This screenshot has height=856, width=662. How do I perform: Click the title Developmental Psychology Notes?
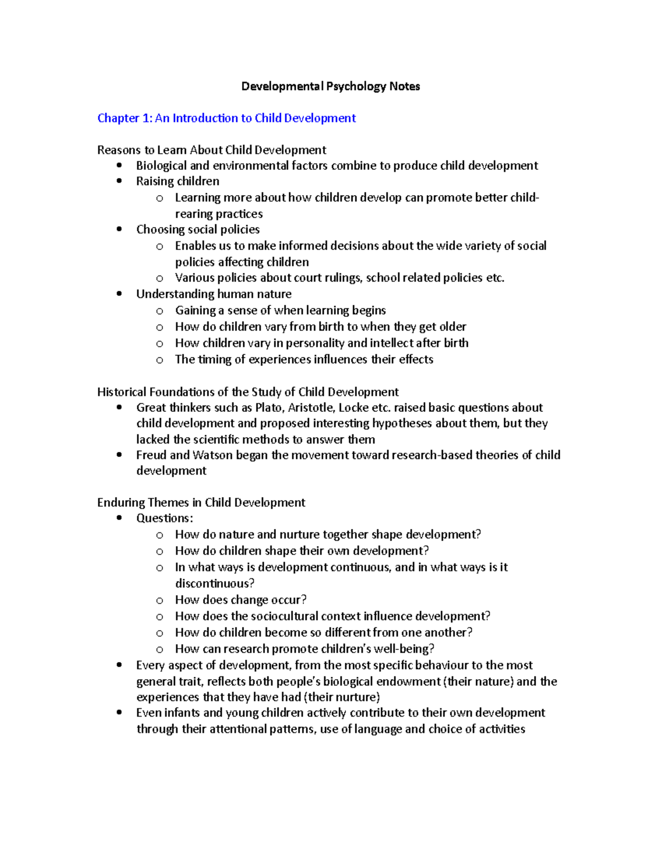pos(330,87)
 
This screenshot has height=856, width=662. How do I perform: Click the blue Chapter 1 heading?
pos(226,118)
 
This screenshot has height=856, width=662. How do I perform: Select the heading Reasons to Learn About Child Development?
pos(211,150)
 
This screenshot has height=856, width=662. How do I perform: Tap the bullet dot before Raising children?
pos(119,181)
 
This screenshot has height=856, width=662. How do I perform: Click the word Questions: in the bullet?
pos(164,518)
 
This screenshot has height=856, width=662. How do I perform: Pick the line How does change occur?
pos(241,600)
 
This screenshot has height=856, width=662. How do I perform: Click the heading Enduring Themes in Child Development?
pos(201,503)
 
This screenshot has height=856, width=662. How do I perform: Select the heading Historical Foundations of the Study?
pos(248,392)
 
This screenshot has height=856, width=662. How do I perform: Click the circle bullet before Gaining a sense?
pos(159,311)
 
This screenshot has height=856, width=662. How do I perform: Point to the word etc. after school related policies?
pos(495,278)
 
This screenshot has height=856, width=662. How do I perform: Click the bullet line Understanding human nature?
pos(213,294)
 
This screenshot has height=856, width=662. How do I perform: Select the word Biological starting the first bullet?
pos(161,166)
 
